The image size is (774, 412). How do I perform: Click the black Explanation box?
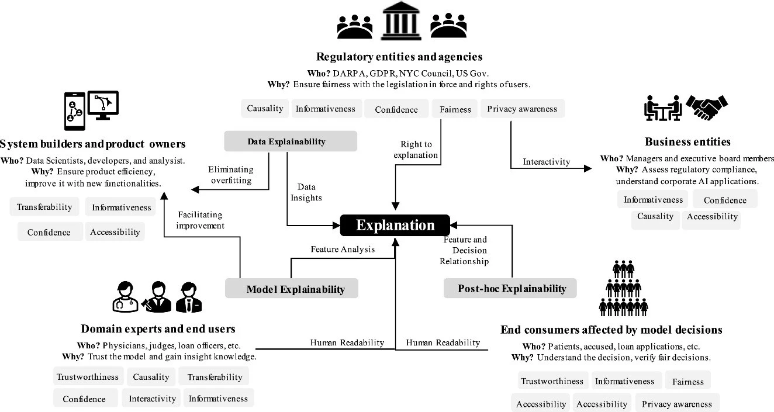(395, 226)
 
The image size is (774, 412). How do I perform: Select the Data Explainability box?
(291, 141)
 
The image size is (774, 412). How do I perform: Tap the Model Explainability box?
(292, 289)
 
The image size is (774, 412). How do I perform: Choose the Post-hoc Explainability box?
(510, 288)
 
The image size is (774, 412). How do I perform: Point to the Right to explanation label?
(416, 150)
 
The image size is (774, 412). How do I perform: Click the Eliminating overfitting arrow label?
(230, 175)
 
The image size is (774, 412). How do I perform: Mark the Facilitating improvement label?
(201, 220)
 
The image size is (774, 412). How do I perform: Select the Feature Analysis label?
(342, 250)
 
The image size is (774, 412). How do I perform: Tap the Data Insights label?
(306, 192)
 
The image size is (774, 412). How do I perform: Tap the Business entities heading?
(687, 141)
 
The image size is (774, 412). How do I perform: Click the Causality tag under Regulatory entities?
(265, 108)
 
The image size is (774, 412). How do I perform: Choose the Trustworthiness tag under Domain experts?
(87, 377)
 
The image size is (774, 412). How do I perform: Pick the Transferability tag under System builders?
(44, 207)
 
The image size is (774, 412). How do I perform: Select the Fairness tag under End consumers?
(687, 381)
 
